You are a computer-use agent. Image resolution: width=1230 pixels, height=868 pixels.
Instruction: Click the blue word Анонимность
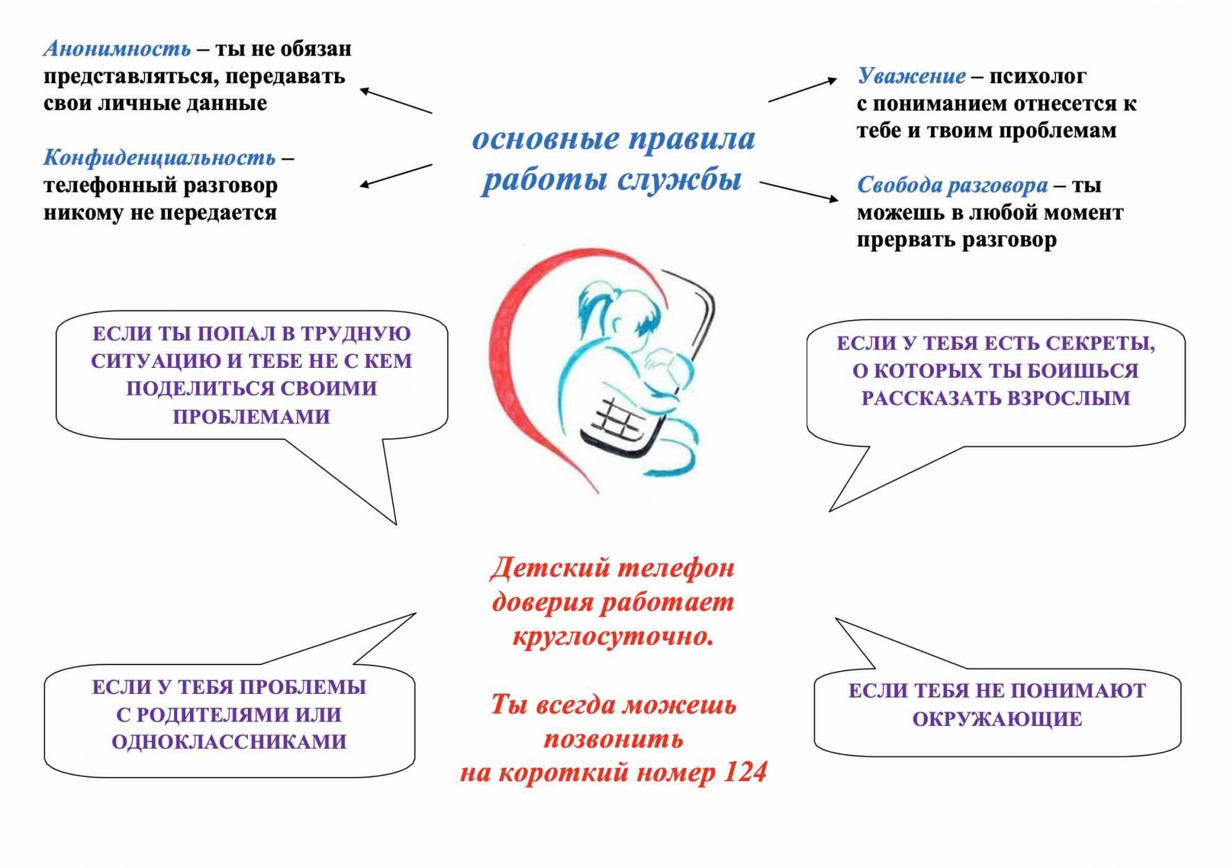click(117, 49)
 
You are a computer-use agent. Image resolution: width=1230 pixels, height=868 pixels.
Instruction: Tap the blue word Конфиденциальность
click(159, 158)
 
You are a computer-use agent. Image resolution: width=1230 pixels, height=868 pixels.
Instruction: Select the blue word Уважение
click(911, 76)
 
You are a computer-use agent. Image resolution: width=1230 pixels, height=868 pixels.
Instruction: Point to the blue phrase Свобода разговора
click(953, 185)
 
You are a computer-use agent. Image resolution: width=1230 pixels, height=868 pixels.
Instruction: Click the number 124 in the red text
click(745, 772)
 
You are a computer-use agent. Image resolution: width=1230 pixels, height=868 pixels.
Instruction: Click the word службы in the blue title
click(679, 180)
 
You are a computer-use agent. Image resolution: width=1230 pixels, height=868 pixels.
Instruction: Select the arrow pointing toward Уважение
click(803, 90)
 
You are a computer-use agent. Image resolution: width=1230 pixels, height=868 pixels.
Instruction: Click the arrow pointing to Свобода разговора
click(799, 191)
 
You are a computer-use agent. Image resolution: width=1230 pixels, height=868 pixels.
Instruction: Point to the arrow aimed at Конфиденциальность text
click(395, 175)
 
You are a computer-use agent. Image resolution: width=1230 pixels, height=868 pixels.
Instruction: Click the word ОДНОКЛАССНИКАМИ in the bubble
click(229, 742)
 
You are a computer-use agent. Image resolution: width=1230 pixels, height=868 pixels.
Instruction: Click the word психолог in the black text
click(1038, 77)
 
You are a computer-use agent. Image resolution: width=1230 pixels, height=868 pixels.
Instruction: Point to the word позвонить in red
click(613, 738)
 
